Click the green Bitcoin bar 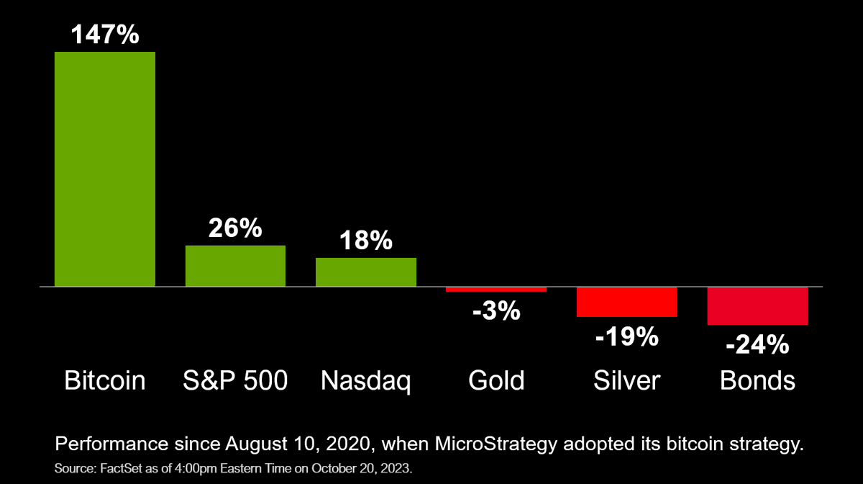tap(105, 169)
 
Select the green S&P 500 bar tap(235, 266)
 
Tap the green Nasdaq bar tap(366, 272)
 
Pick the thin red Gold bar tap(496, 290)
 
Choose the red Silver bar tap(627, 302)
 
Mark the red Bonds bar tap(758, 306)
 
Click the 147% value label tap(105, 34)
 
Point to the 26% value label tap(235, 228)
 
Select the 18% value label tap(366, 241)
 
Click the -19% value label tap(627, 336)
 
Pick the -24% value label tap(757, 345)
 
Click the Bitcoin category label tap(105, 380)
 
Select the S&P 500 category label tap(236, 380)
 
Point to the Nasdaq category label tap(366, 381)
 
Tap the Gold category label tap(496, 380)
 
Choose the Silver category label tap(627, 380)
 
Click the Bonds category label tap(758, 380)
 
